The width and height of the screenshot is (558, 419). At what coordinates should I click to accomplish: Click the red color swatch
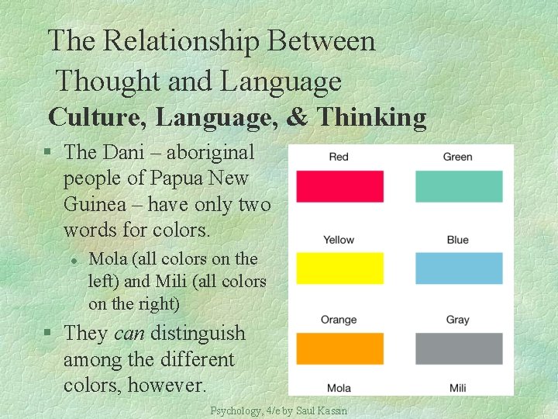tap(339, 187)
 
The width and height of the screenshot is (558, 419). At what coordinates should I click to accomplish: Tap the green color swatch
tap(459, 187)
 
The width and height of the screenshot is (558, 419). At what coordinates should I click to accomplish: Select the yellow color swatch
tap(339, 268)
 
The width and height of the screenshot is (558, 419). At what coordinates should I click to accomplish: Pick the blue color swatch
tap(459, 268)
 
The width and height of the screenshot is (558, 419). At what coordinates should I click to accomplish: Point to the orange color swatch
tap(339, 348)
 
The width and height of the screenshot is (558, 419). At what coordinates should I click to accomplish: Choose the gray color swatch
tap(459, 348)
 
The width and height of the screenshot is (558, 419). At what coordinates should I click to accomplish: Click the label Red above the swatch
tap(339, 157)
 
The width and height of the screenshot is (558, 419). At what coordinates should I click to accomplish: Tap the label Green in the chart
tap(457, 157)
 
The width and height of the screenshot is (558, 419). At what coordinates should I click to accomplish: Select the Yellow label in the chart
tap(339, 240)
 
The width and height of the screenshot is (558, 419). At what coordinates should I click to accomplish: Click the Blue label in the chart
tap(457, 240)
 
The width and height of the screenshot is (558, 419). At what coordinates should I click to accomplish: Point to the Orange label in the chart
tap(339, 320)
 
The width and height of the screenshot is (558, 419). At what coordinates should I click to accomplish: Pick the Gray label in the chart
tap(457, 320)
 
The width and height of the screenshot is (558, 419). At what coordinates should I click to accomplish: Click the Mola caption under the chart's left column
tap(339, 388)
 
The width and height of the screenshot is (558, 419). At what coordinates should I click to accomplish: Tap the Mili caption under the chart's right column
tap(457, 388)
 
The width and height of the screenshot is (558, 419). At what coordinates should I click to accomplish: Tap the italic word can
tap(129, 334)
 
